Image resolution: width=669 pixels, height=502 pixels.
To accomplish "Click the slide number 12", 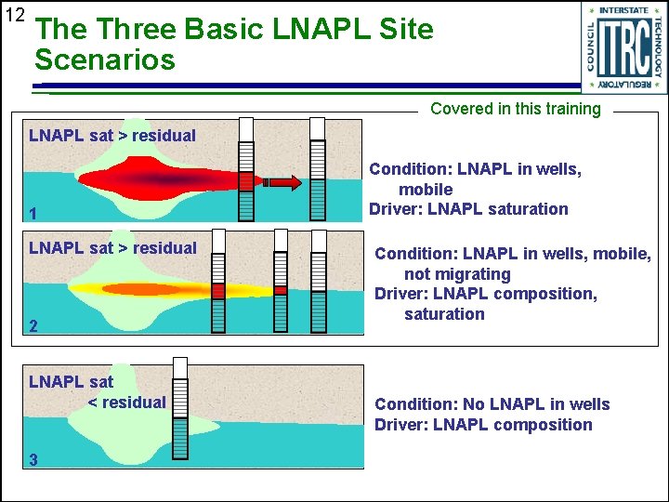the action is pos(14,15).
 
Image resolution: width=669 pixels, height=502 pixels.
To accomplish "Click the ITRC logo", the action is pos(623,47).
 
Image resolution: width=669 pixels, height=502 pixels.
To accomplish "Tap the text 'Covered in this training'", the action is pos(516,109).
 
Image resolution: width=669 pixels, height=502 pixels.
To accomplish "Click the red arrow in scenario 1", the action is pos(282,182).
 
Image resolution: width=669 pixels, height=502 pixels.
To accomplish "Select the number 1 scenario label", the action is pos(33,215).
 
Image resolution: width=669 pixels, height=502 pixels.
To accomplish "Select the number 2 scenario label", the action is pos(33,326).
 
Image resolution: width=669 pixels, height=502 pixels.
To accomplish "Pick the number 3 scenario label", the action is pos(33,459).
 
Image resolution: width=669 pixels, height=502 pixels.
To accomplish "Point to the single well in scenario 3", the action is pos(179,406).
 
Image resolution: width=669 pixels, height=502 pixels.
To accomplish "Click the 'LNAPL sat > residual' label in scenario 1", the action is pos(112,136).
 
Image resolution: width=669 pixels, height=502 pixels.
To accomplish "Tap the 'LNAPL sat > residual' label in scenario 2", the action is pos(112,248).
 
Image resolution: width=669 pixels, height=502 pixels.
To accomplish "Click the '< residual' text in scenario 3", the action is pos(126,403).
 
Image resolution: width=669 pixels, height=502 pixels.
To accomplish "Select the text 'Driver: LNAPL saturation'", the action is pos(468,209).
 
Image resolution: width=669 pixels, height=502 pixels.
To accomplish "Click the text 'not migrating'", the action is pos(457,274).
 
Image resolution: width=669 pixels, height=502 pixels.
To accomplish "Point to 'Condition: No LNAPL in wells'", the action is pos(492,404).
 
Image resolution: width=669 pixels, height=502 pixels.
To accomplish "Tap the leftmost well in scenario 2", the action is pos(217,283).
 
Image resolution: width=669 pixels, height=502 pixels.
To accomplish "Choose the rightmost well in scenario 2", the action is pos(319,283).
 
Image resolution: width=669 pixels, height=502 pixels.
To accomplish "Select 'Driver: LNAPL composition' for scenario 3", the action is pos(482,425).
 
